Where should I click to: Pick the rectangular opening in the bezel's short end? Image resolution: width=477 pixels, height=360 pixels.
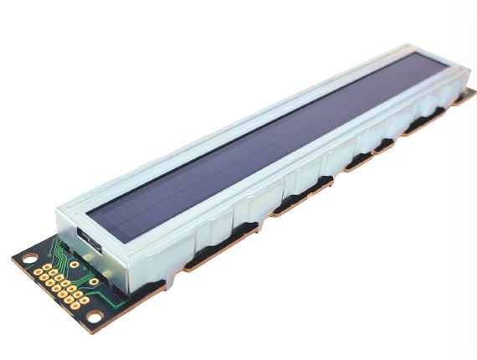click(89, 242)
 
